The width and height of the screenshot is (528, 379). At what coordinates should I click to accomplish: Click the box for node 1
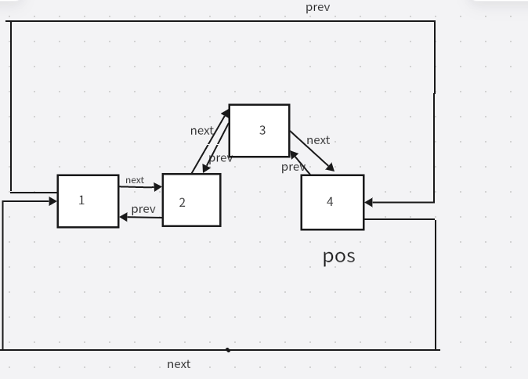[x=88, y=201]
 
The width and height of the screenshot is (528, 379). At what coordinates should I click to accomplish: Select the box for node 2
[x=191, y=200]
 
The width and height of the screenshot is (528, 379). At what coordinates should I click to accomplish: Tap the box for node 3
[x=259, y=131]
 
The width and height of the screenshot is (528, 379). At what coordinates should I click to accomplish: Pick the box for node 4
[x=332, y=202]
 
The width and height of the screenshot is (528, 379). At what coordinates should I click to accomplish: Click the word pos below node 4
[x=339, y=256]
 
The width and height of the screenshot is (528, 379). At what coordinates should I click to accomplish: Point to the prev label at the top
[x=318, y=8]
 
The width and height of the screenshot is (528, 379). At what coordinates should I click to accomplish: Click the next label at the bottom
[x=179, y=364]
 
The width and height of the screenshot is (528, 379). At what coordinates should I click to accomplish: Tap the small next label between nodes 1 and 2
[x=135, y=180]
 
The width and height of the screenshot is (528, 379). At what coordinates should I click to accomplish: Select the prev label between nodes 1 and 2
[x=143, y=209]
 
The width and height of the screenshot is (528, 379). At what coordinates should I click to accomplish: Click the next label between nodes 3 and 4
[x=318, y=140]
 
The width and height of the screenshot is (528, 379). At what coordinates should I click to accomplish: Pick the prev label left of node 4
[x=293, y=167]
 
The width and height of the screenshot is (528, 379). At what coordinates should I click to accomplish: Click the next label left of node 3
[x=202, y=131]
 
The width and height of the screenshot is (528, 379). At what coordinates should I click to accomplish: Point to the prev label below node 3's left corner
[x=221, y=158]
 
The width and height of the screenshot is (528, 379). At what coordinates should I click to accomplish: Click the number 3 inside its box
[x=262, y=130]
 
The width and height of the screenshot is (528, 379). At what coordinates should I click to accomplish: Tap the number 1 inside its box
[x=81, y=200]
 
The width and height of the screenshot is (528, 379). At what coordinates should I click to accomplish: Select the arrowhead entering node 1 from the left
[x=53, y=201]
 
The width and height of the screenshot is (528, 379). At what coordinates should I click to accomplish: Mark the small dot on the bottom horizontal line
[x=228, y=350]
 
